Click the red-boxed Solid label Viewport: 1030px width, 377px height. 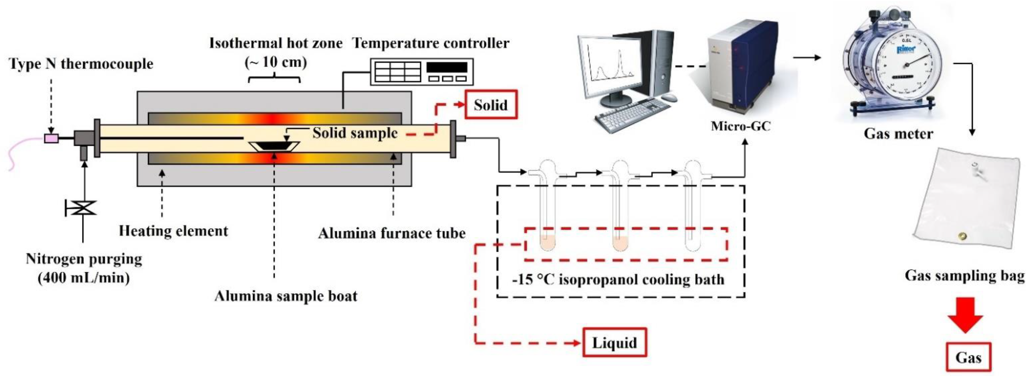pyautogui.click(x=491, y=105)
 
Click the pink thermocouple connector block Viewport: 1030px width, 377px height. pyautogui.click(x=51, y=138)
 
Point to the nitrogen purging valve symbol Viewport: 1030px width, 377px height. pyautogui.click(x=83, y=208)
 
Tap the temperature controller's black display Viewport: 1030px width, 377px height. pyautogui.click(x=447, y=67)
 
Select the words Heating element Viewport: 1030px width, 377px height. pyautogui.click(x=174, y=231)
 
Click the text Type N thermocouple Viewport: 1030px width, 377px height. pyautogui.click(x=81, y=64)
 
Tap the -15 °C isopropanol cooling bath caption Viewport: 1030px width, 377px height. pyautogui.click(x=618, y=279)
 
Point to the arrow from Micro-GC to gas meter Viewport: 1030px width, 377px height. pyautogui.click(x=807, y=58)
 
